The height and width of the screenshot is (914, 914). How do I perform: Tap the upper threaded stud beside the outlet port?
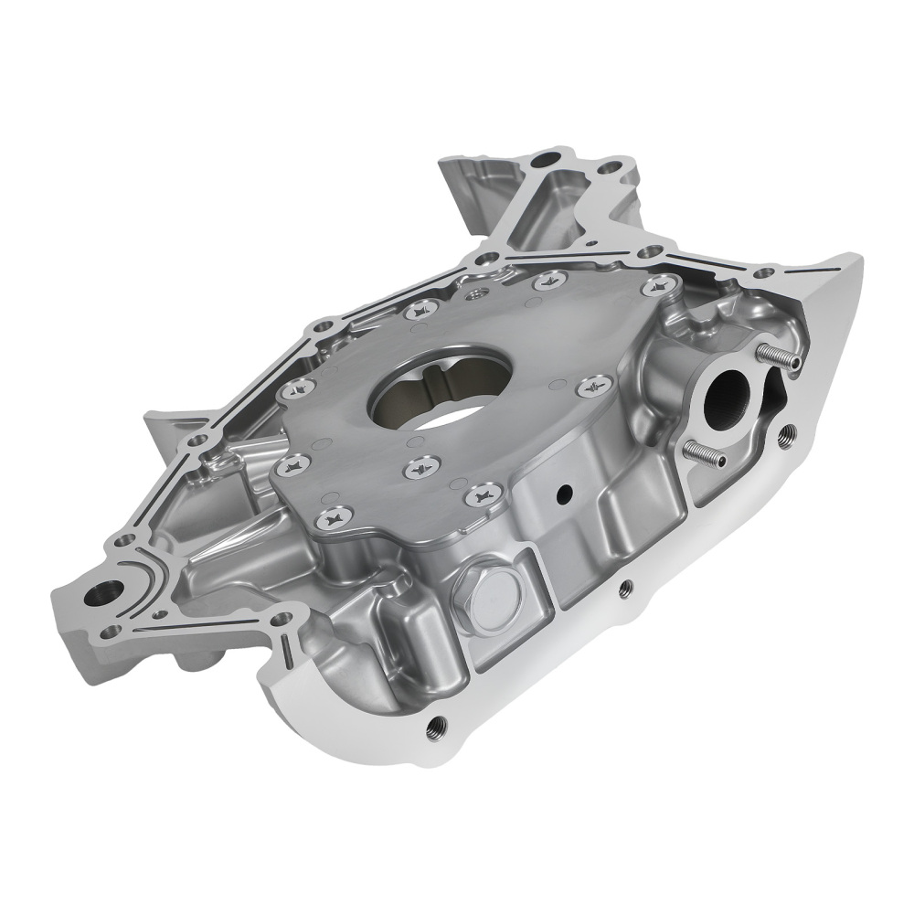(x=778, y=356)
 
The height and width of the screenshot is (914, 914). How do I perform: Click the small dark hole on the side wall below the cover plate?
(x=563, y=494)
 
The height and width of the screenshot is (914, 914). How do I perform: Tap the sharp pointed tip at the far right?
(x=860, y=260)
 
